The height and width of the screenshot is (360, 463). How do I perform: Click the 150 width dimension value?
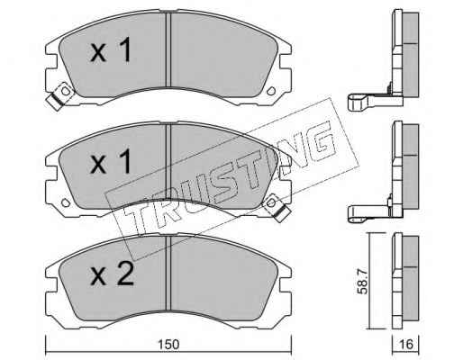click(168, 344)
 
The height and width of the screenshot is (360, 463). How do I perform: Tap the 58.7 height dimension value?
click(363, 282)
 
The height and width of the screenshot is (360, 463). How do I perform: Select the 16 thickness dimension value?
click(406, 344)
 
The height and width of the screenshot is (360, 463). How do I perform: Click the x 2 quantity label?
click(112, 273)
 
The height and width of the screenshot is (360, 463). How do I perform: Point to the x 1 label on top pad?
click(111, 49)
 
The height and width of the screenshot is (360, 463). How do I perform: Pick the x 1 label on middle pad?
click(111, 161)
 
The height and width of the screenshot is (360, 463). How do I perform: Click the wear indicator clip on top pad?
click(60, 95)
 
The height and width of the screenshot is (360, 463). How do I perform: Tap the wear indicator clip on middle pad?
click(276, 207)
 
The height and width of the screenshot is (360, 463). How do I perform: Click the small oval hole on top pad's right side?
click(271, 91)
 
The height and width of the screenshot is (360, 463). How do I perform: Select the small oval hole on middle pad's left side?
click(66, 202)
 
